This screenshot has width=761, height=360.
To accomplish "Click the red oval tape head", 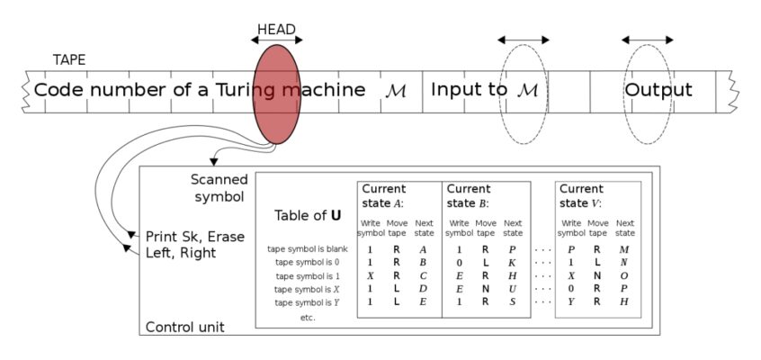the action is (x=277, y=94).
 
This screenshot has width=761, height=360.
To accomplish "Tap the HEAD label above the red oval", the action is (x=276, y=30).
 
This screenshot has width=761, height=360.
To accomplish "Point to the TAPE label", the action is (x=69, y=59).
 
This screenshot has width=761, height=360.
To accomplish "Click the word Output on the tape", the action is (x=658, y=90).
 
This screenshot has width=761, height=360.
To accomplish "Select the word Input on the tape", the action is (x=452, y=90).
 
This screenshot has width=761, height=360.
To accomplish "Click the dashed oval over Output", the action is (x=648, y=45).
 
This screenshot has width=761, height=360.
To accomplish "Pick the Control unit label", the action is (x=185, y=327).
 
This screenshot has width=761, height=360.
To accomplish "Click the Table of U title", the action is (x=308, y=215).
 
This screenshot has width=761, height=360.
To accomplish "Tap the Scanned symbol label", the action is (x=219, y=188).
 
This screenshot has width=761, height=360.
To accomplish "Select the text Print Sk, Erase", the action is (x=195, y=237).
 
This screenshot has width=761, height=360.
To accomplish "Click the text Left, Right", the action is (x=181, y=253).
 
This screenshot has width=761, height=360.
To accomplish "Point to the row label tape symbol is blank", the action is (x=308, y=249).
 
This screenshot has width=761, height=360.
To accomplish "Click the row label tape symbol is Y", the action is (x=307, y=302).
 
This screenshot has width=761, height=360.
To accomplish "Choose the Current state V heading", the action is (x=581, y=196).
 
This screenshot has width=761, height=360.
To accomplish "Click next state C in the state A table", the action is (x=423, y=276).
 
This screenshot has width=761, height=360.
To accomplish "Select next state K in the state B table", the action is (x=513, y=263).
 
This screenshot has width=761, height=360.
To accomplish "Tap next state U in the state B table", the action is (x=513, y=289).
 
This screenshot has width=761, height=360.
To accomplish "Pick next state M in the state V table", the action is (x=624, y=249).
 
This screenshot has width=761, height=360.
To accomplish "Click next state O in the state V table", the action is (x=624, y=276).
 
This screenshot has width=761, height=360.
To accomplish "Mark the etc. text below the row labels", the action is (x=308, y=319).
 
